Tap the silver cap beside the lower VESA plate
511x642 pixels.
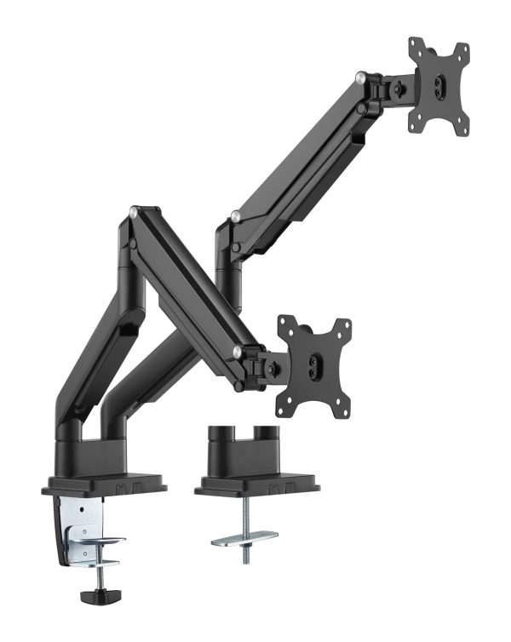[x=237, y=349]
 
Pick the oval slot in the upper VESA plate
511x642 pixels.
[x=439, y=86]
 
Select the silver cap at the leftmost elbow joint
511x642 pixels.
[x=133, y=209]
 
